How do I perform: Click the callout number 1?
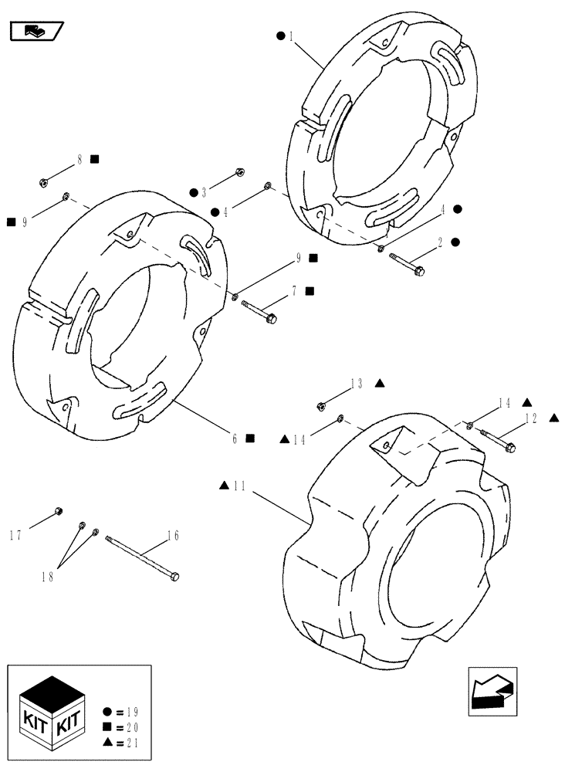click(x=291, y=36)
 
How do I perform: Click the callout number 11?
click(x=239, y=486)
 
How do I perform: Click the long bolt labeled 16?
click(x=144, y=559)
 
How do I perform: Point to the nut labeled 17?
click(x=59, y=510)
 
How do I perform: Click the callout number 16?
click(x=173, y=534)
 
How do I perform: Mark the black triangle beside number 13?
click(x=380, y=383)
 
